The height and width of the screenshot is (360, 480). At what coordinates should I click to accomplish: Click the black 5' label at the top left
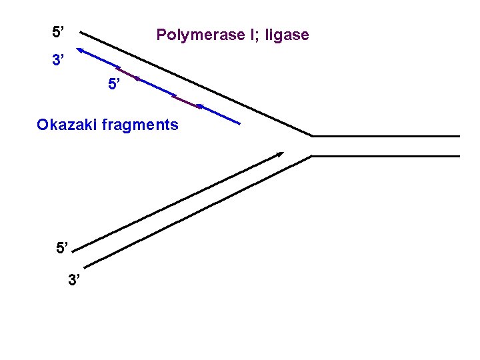59,31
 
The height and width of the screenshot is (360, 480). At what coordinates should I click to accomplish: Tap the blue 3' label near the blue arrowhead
59,61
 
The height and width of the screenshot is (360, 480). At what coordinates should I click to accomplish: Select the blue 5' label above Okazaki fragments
115,85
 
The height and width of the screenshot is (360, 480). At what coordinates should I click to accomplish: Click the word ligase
287,35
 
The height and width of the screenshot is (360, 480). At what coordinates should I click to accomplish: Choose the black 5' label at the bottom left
62,249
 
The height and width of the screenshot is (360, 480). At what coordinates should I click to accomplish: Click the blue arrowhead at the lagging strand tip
79,49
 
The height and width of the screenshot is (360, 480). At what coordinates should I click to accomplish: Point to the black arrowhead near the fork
279,154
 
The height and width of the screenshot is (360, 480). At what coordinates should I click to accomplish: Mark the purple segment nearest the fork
187,101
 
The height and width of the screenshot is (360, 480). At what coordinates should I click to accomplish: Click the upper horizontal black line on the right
387,136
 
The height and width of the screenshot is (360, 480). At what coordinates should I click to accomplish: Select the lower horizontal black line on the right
387,156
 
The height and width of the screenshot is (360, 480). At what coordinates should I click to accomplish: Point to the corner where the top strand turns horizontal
313,136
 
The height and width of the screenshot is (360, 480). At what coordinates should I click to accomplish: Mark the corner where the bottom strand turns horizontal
312,156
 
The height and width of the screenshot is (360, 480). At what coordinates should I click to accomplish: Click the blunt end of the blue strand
240,124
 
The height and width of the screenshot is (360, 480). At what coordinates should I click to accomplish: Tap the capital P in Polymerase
161,35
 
